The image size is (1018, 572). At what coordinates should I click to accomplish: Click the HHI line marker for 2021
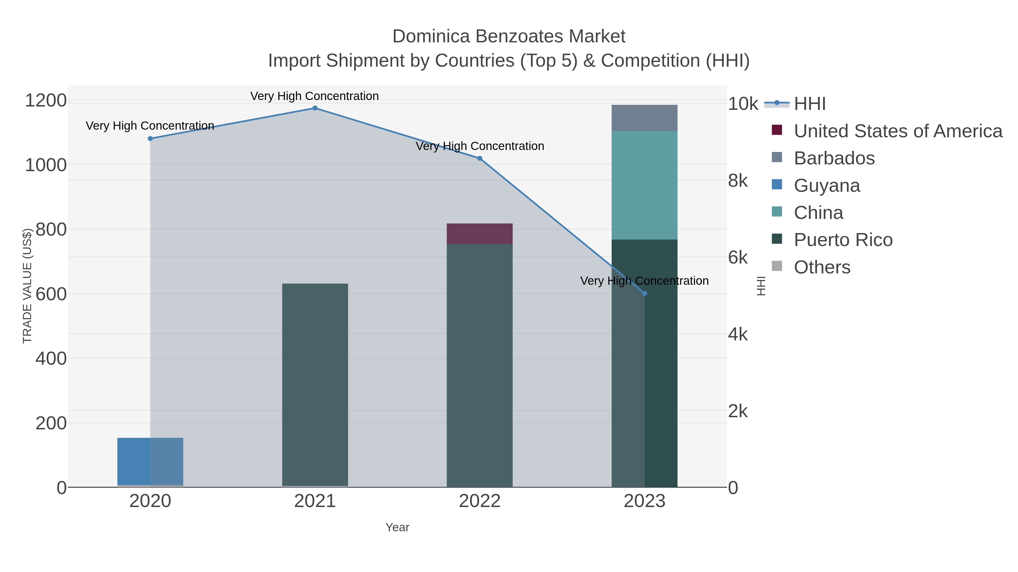tap(315, 108)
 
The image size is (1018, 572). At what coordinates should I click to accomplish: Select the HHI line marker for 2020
tap(150, 139)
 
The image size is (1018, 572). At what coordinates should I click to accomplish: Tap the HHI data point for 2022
tap(480, 158)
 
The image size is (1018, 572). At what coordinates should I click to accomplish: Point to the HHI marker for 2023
tap(644, 293)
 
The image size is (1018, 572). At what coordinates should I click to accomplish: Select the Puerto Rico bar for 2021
tap(315, 385)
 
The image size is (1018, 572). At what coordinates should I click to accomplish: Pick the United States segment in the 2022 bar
tap(480, 234)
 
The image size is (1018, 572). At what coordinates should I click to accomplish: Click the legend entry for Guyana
tap(827, 186)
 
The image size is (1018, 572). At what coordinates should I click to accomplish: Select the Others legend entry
tap(822, 267)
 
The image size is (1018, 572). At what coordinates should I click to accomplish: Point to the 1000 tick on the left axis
tap(46, 165)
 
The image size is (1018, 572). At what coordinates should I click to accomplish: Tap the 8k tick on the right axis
tap(738, 181)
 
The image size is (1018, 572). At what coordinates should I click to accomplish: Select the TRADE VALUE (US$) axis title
tap(27, 286)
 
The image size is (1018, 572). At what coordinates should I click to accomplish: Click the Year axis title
tap(397, 527)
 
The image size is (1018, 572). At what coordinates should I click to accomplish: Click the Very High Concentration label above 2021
tap(314, 96)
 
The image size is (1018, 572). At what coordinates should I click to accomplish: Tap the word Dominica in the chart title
tap(431, 36)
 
